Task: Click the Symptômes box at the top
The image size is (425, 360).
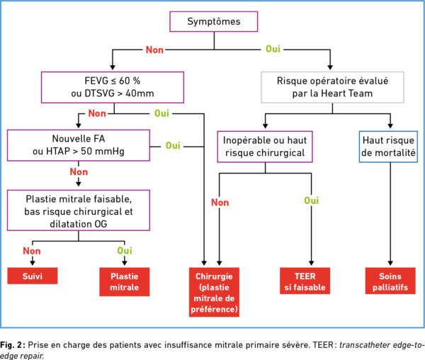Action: (214, 21)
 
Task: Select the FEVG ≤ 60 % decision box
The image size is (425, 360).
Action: (113, 87)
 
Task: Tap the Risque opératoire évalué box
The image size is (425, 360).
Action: (332, 87)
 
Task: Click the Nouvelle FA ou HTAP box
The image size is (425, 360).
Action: (79, 145)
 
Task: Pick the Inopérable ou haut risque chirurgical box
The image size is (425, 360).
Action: (265, 147)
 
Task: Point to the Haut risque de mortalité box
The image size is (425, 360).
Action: (388, 147)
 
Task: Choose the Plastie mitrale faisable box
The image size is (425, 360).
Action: (79, 210)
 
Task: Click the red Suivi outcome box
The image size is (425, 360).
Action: (33, 276)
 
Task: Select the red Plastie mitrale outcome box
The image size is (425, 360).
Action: (125, 281)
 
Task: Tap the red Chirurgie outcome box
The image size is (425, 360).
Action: (214, 292)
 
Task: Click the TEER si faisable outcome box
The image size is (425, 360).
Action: (305, 281)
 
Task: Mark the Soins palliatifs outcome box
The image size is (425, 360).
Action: (390, 281)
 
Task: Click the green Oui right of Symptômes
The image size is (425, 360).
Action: (273, 49)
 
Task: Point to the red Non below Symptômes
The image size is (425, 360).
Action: (154, 50)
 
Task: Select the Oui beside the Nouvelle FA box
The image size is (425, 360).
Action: (173, 145)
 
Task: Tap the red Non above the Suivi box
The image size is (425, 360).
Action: (32, 251)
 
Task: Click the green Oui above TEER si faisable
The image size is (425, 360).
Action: (312, 201)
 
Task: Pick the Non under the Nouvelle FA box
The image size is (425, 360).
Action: (79, 172)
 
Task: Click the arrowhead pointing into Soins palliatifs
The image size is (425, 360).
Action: (390, 263)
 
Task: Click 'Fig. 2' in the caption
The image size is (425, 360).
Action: (11, 345)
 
